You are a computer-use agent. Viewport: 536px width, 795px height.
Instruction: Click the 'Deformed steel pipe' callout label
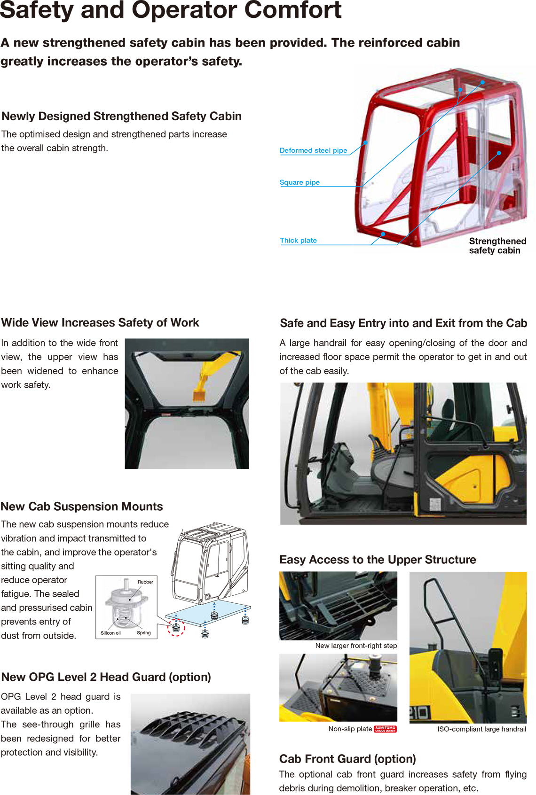(313, 150)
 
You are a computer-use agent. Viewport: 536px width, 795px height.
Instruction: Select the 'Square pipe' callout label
(300, 182)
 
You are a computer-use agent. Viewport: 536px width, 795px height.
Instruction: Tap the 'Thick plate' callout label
(299, 240)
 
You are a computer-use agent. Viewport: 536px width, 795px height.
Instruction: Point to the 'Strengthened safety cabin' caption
(497, 246)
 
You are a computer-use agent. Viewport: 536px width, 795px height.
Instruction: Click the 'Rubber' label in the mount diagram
(145, 582)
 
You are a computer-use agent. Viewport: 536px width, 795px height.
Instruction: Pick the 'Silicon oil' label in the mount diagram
(110, 633)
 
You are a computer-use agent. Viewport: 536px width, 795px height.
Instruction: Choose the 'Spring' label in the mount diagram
(143, 632)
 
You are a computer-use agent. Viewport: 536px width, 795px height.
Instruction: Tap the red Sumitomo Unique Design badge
(385, 729)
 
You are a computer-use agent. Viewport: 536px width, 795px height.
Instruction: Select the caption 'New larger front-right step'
(356, 646)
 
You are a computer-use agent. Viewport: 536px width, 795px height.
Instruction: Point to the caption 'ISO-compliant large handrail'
(481, 729)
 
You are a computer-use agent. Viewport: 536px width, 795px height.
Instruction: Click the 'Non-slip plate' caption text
(350, 729)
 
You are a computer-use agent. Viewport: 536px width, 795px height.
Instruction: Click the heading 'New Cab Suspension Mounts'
(82, 507)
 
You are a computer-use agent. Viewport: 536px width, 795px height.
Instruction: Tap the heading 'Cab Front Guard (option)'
(347, 759)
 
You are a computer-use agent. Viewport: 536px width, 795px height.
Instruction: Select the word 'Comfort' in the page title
(293, 9)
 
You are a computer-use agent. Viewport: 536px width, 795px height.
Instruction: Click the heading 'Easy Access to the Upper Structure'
(378, 559)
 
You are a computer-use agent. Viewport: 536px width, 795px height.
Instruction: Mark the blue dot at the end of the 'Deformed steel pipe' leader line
(365, 142)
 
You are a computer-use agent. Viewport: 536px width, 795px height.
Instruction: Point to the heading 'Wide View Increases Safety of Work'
(100, 322)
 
